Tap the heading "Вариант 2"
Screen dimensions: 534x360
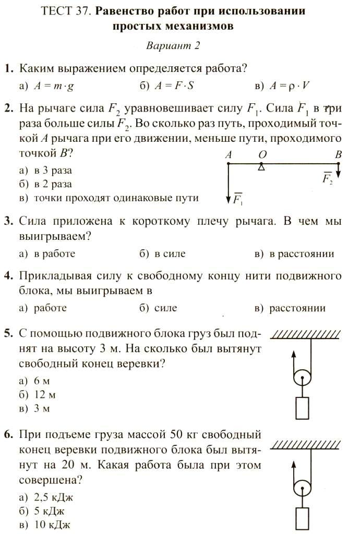point(173,45)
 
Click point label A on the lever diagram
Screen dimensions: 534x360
point(229,155)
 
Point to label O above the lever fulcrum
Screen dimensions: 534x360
point(262,155)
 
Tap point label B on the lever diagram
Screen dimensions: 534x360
point(338,155)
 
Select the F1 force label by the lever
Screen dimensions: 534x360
point(238,199)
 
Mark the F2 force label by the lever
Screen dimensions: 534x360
point(328,178)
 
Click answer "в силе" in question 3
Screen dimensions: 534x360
point(170,254)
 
